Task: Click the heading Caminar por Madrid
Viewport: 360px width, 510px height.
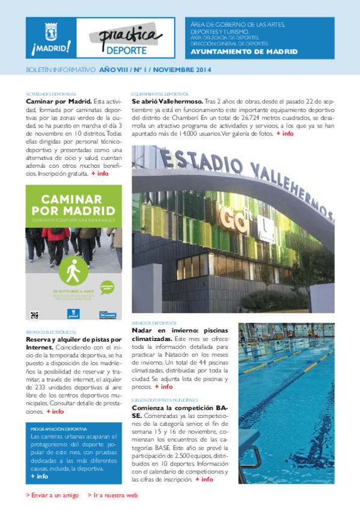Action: point(58,102)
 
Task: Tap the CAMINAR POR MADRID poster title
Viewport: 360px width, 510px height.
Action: point(73,205)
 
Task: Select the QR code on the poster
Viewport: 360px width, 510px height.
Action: point(34,314)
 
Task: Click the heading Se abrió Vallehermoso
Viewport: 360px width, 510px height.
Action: point(167,102)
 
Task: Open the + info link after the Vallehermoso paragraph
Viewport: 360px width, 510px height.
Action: point(285,134)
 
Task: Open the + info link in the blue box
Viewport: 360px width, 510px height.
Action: point(40,476)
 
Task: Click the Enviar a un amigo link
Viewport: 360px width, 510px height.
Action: point(53,495)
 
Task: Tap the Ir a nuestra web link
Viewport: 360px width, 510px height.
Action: point(113,495)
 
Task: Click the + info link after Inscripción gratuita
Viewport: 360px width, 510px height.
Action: point(100,173)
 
